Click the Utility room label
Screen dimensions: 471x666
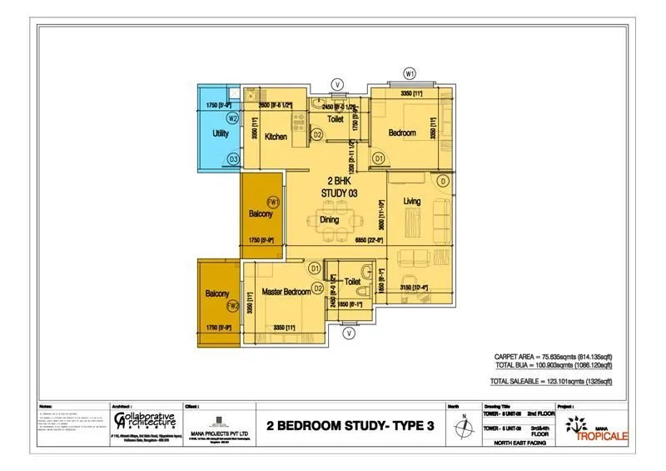220,133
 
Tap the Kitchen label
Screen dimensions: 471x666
276,137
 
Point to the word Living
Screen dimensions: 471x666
412,202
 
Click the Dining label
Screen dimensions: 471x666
330,220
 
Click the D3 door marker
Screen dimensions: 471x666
234,158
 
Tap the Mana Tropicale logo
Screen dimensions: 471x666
592,427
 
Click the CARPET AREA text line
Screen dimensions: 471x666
553,357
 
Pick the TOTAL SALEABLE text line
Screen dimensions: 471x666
553,381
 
